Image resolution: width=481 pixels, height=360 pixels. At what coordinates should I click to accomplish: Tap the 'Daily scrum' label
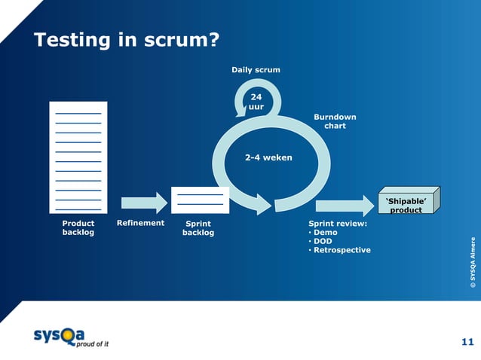click(x=256, y=70)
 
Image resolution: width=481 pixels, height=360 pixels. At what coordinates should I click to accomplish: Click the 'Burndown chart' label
click(x=335, y=121)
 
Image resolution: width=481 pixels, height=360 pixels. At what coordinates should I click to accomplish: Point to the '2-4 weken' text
click(x=268, y=158)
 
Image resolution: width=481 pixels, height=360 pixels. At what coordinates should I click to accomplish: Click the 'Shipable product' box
click(x=406, y=204)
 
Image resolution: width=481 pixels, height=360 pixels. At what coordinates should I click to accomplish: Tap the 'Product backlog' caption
click(x=78, y=228)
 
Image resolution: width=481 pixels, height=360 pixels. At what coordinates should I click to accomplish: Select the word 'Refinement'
click(x=140, y=224)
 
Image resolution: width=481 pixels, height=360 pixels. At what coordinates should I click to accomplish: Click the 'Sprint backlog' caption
click(x=198, y=228)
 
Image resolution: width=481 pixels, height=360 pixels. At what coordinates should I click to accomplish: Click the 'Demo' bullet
click(x=326, y=233)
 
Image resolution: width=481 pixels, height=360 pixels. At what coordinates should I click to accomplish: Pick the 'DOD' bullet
click(x=323, y=241)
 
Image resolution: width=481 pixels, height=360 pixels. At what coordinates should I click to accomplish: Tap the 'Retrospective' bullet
click(x=342, y=250)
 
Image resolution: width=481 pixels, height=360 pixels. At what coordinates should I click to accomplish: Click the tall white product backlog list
click(x=78, y=157)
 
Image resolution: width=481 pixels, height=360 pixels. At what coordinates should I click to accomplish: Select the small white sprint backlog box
click(x=200, y=200)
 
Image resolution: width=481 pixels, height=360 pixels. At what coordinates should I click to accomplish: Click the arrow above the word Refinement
click(x=144, y=203)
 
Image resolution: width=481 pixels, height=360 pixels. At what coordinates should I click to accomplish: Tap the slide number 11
click(x=467, y=343)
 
